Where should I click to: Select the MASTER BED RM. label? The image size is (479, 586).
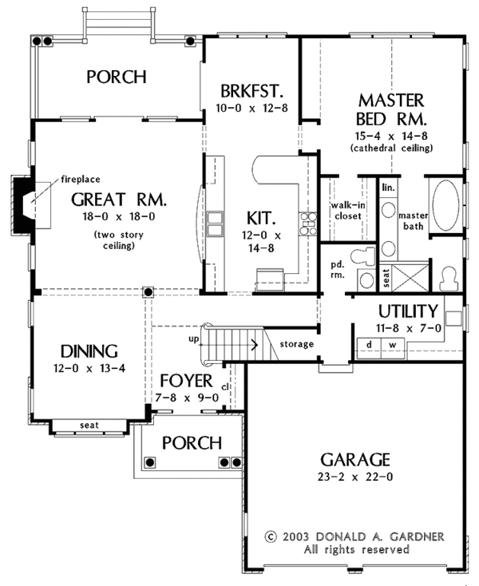[390, 111]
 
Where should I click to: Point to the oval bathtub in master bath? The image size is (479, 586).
[445, 205]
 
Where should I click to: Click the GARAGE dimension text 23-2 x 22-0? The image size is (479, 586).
[355, 477]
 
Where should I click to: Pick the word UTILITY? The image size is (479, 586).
[406, 311]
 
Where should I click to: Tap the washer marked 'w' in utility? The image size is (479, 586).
[392, 344]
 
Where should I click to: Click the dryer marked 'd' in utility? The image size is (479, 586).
[369, 344]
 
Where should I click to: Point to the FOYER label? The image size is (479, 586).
[185, 380]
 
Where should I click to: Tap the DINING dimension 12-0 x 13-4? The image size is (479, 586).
[88, 368]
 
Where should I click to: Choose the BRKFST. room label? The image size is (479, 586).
[250, 89]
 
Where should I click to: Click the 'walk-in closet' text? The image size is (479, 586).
[347, 211]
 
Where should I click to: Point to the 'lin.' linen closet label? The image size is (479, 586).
[388, 188]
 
